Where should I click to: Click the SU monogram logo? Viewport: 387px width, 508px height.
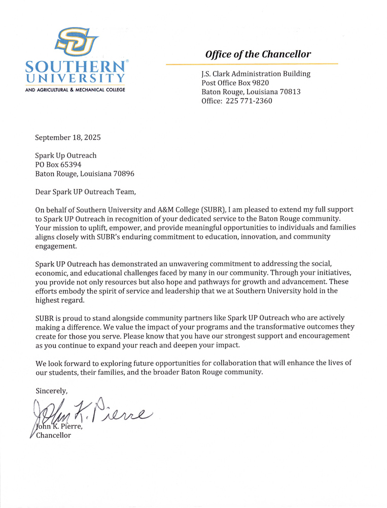pyautogui.click(x=78, y=42)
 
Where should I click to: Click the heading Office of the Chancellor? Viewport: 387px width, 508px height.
pyautogui.click(x=258, y=54)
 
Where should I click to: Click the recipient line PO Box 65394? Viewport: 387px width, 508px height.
pyautogui.click(x=58, y=165)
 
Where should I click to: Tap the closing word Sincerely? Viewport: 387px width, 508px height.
pyautogui.click(x=51, y=390)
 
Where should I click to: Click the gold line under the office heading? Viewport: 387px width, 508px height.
pyautogui.click(x=252, y=65)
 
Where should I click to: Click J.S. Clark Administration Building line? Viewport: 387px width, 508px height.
pyautogui.click(x=256, y=74)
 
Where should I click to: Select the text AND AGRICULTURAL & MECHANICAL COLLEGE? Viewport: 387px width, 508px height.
pyautogui.click(x=75, y=89)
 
